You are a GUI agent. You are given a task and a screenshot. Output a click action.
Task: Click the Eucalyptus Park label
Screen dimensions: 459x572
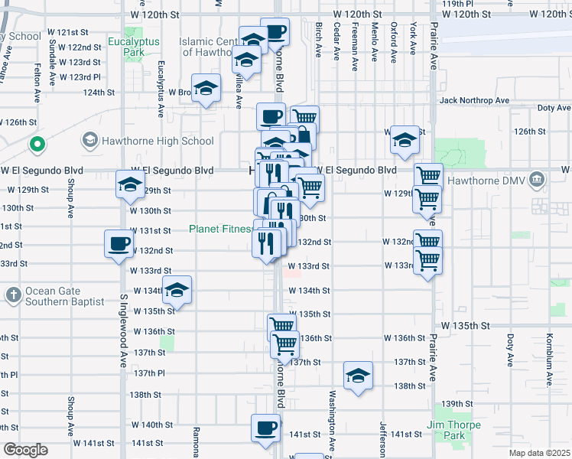[x=127, y=47]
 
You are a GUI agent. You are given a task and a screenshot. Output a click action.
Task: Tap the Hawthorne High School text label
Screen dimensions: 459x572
[x=158, y=141]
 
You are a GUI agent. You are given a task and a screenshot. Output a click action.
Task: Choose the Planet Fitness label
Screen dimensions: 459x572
[x=220, y=229]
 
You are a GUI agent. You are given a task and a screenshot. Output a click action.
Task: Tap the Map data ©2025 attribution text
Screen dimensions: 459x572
[x=539, y=453]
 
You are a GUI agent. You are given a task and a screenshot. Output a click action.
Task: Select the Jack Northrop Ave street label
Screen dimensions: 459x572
[x=474, y=100]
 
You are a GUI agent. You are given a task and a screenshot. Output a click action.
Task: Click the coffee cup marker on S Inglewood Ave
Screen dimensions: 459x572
[x=119, y=244]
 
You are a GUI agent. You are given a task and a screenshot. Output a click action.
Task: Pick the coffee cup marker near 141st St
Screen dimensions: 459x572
[x=265, y=428]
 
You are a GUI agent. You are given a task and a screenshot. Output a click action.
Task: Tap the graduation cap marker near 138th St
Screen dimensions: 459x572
[x=358, y=376]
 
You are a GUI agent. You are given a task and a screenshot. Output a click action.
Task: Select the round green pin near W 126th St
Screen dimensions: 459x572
[x=36, y=143]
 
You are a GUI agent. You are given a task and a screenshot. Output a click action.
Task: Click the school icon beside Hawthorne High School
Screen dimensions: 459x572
[x=90, y=141]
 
